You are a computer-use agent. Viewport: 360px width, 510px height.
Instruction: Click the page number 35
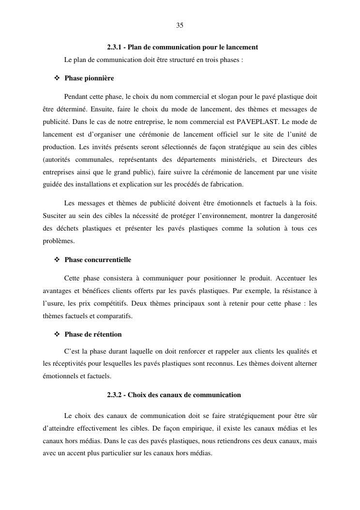coord(180,26)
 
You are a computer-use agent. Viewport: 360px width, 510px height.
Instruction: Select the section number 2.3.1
coord(115,47)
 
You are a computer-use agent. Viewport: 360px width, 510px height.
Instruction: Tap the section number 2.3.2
coord(115,395)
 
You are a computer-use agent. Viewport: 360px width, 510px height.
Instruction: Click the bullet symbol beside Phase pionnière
coord(57,78)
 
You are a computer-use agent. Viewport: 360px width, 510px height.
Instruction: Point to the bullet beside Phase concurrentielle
coord(57,260)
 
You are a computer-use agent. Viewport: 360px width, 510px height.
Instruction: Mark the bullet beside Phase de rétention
coord(57,335)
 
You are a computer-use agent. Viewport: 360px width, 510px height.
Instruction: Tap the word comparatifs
coord(116,316)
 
